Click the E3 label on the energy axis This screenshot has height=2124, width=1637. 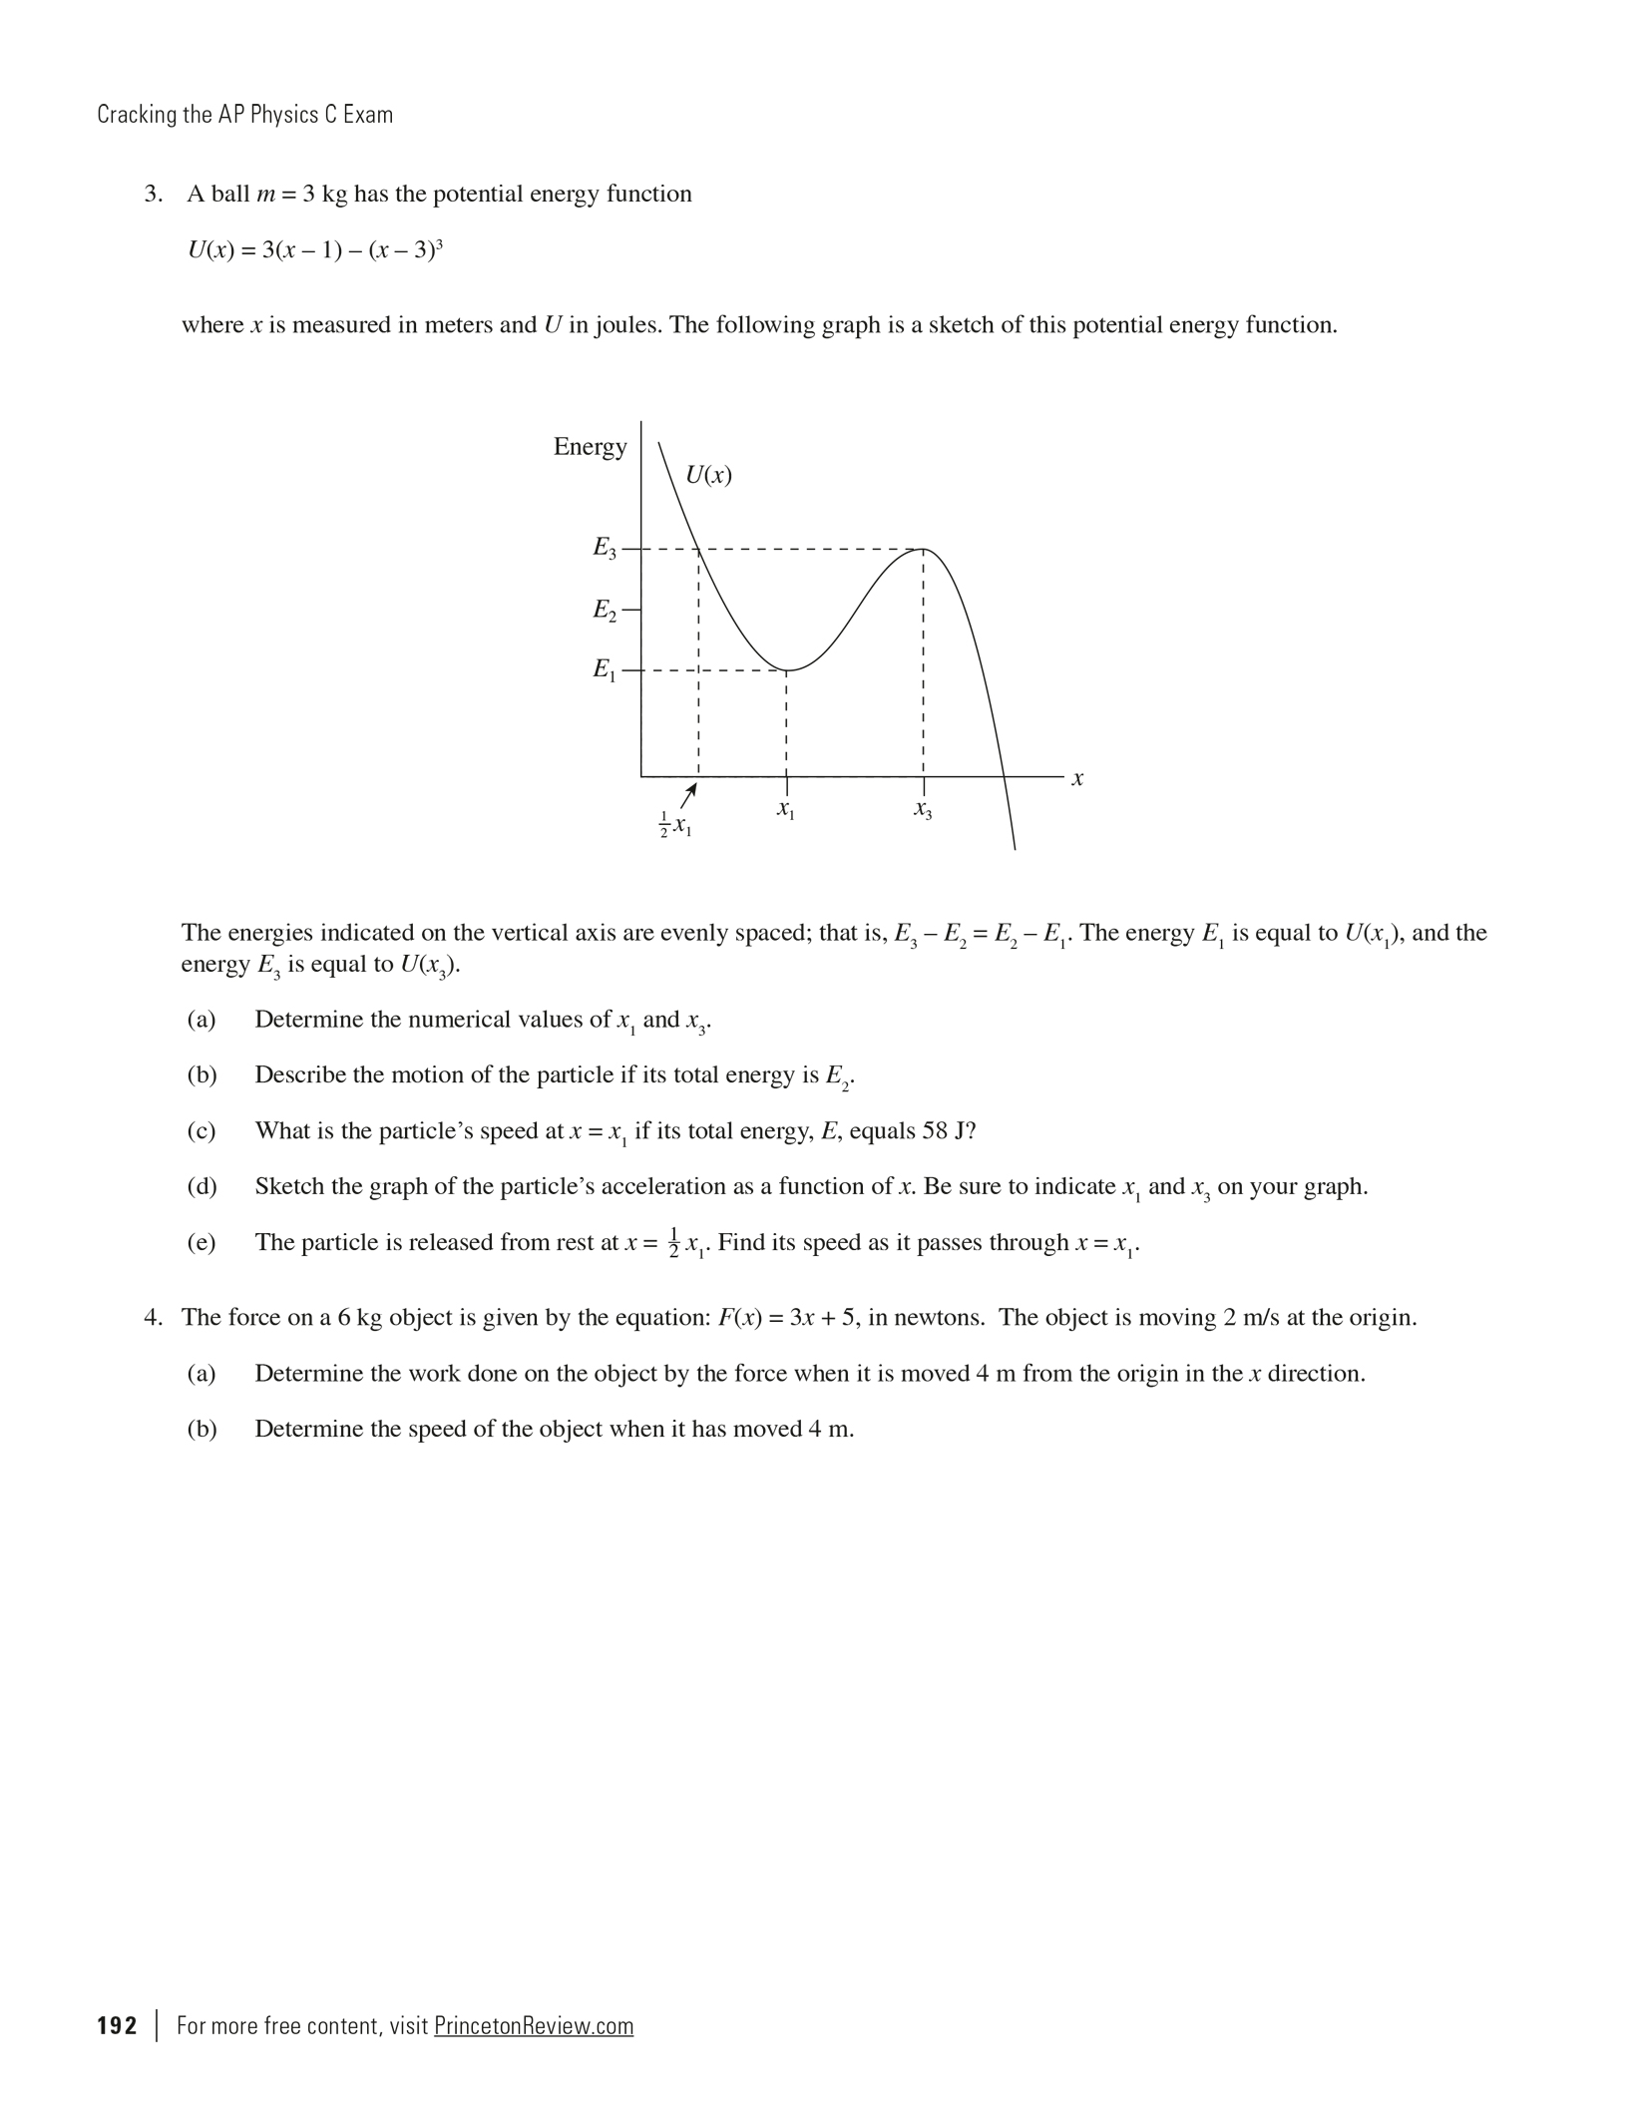605,548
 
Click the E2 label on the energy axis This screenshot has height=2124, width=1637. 605,610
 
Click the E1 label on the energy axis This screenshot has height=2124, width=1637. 605,669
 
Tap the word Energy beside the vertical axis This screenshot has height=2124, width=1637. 590,447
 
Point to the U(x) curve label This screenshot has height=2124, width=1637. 709,475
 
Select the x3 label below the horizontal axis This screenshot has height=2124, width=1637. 923,811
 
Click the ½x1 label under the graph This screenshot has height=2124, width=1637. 675,824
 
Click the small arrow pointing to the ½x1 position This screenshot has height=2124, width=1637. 687,795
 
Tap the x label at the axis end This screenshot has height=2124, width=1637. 1077,778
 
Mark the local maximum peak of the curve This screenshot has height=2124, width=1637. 924,550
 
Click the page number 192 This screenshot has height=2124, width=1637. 117,2026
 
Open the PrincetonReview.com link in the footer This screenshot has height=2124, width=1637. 534,2026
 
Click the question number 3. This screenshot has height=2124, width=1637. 153,194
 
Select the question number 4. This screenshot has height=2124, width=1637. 153,1318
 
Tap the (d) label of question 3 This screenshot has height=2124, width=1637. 202,1187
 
